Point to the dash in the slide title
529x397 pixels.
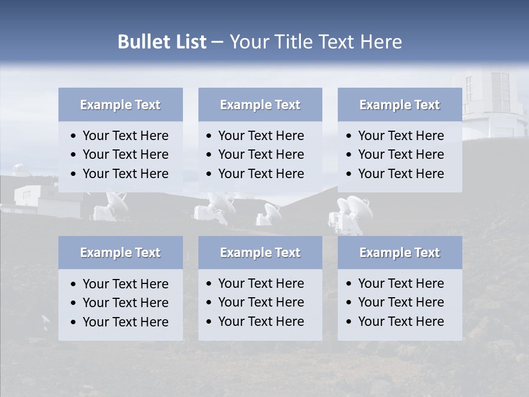click(218, 42)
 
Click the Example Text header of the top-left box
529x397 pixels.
click(120, 105)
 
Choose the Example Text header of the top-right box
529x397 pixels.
click(400, 105)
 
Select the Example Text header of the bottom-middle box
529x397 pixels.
click(260, 253)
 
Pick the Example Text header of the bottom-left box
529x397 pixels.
click(120, 253)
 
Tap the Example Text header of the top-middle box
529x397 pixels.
click(260, 105)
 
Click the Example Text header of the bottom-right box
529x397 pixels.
click(400, 253)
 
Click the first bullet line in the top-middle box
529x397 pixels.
click(261, 136)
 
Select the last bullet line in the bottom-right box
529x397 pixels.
click(401, 321)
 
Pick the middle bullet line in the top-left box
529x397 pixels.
click(125, 154)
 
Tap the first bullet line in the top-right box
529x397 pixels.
click(401, 136)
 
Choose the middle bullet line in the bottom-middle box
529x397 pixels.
click(261, 302)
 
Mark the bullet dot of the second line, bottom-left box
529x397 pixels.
click(74, 303)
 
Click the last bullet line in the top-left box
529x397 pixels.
click(125, 174)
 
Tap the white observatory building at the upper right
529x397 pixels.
click(490, 102)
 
